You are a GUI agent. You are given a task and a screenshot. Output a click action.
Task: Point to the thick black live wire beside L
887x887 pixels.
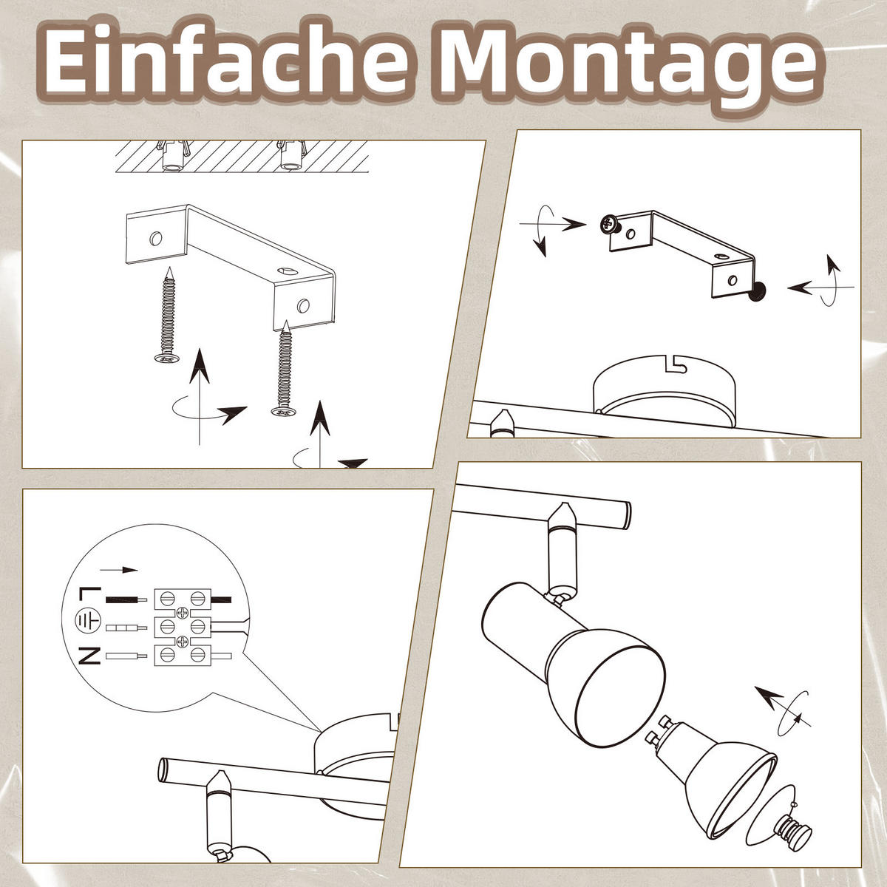[x=127, y=600]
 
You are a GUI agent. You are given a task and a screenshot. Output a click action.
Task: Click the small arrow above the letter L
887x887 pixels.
[x=119, y=570]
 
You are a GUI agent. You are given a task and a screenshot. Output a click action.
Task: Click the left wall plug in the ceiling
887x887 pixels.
[x=173, y=156]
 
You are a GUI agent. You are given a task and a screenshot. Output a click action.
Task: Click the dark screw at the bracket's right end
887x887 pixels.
[x=757, y=295]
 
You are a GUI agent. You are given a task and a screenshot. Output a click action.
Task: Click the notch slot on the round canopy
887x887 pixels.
[x=675, y=363]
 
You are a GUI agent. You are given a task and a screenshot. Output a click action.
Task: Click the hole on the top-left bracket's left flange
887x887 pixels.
[x=155, y=238]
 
